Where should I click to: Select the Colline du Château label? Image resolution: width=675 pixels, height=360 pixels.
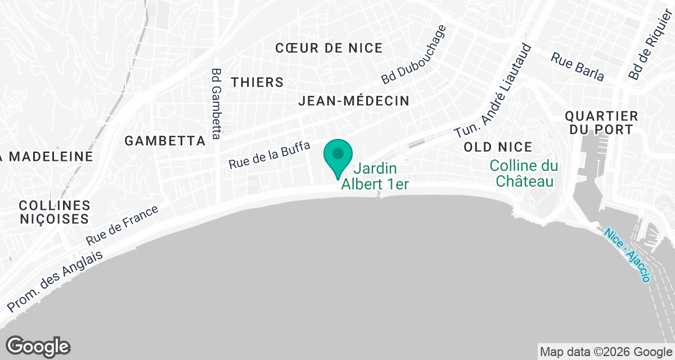coord(524,174)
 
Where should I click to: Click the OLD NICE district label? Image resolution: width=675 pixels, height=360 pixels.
coord(498,147)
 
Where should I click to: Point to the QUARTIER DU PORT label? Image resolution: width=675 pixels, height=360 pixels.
coord(601,123)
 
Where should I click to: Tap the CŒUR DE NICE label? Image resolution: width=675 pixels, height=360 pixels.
coord(329,48)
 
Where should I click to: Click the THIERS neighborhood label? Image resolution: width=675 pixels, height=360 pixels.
coord(257,82)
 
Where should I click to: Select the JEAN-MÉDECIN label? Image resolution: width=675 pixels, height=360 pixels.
coord(354,101)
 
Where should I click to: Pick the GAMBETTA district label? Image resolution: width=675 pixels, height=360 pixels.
coord(165,141)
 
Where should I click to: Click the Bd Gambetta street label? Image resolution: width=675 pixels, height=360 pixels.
coord(217,103)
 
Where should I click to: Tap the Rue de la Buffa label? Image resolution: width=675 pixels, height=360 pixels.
coord(269,155)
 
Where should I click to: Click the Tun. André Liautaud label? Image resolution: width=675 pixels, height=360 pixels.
coord(493,90)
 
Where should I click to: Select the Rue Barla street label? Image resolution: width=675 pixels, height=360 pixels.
coord(577,66)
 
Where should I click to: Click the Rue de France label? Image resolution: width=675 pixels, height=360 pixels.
coord(123,224)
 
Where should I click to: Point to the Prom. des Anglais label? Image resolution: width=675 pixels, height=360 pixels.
coord(56,281)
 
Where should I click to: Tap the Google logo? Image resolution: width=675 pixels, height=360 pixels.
coord(38,346)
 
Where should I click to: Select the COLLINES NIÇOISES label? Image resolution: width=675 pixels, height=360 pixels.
coord(55,211)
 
